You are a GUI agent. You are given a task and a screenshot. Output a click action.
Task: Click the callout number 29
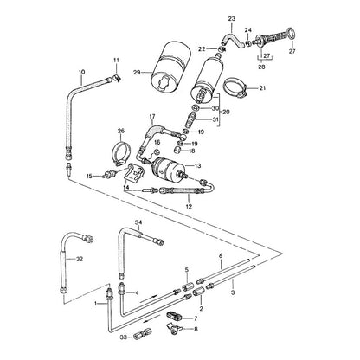[x=137, y=72]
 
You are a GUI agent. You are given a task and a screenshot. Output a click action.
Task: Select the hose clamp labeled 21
[x=235, y=87]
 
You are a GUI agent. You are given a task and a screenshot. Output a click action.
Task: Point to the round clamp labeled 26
[x=121, y=155]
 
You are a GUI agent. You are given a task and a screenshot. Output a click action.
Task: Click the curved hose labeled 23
[x=232, y=39]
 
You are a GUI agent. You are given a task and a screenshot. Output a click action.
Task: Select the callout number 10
[x=81, y=72]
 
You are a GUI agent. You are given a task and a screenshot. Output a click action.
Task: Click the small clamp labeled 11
[x=117, y=78]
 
